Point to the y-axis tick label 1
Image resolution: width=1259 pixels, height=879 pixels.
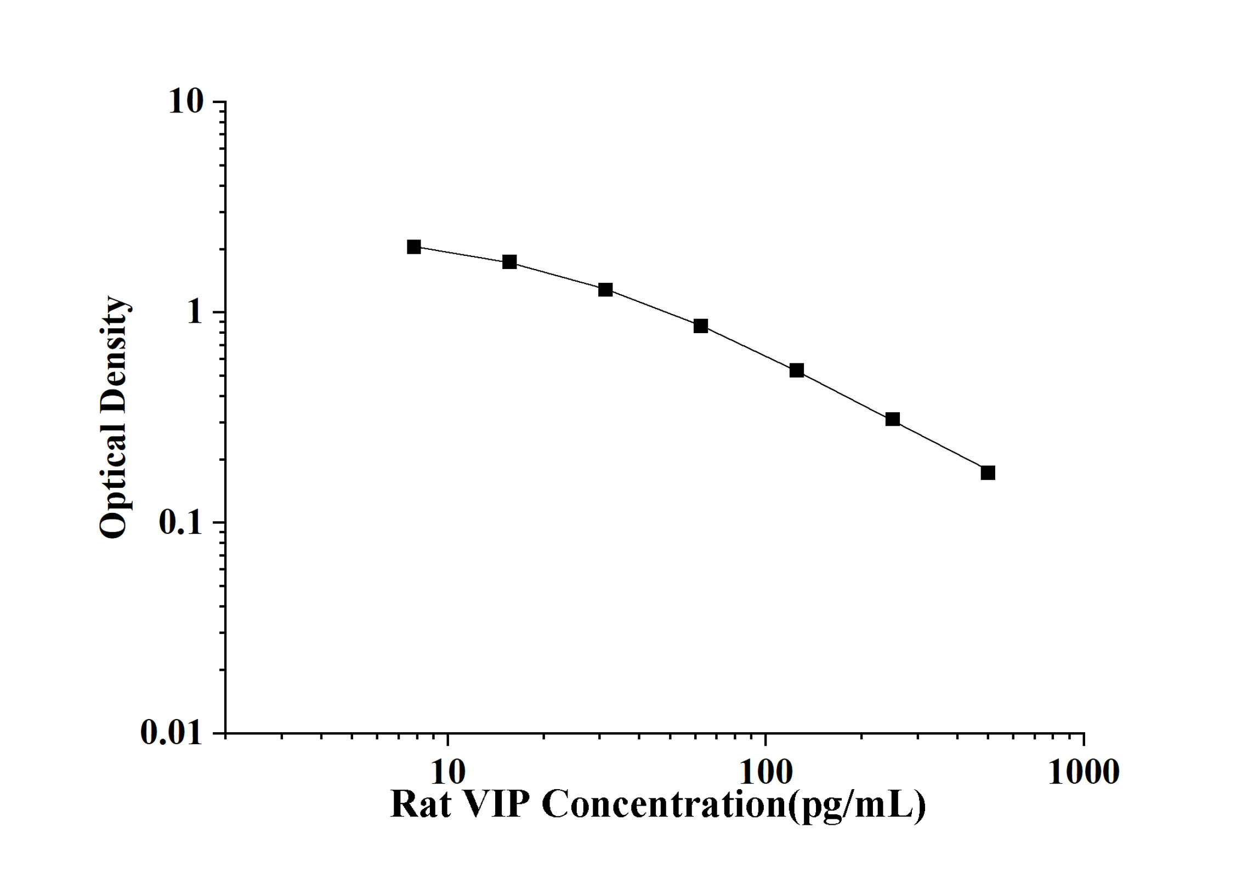pyautogui.click(x=194, y=312)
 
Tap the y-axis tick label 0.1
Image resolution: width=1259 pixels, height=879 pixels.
pyautogui.click(x=180, y=523)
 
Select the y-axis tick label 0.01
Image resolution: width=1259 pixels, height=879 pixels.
pyautogui.click(x=171, y=732)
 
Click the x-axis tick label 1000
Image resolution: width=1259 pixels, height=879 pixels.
pyautogui.click(x=1084, y=772)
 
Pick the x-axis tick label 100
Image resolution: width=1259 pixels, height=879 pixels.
pyautogui.click(x=766, y=772)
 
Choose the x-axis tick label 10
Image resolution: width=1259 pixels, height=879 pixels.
pyautogui.click(x=448, y=772)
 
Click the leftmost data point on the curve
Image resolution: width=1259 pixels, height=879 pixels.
pyautogui.click(x=414, y=247)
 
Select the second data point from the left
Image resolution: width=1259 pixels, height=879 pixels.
pyautogui.click(x=509, y=262)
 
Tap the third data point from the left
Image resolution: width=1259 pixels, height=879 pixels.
pyautogui.click(x=605, y=290)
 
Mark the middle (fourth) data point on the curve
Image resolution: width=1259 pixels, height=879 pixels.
pyautogui.click(x=701, y=326)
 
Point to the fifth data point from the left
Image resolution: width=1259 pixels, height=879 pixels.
pyautogui.click(x=797, y=371)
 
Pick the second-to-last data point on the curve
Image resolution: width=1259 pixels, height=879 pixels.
pyautogui.click(x=893, y=420)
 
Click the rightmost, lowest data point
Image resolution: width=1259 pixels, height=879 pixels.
pyautogui.click(x=988, y=473)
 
